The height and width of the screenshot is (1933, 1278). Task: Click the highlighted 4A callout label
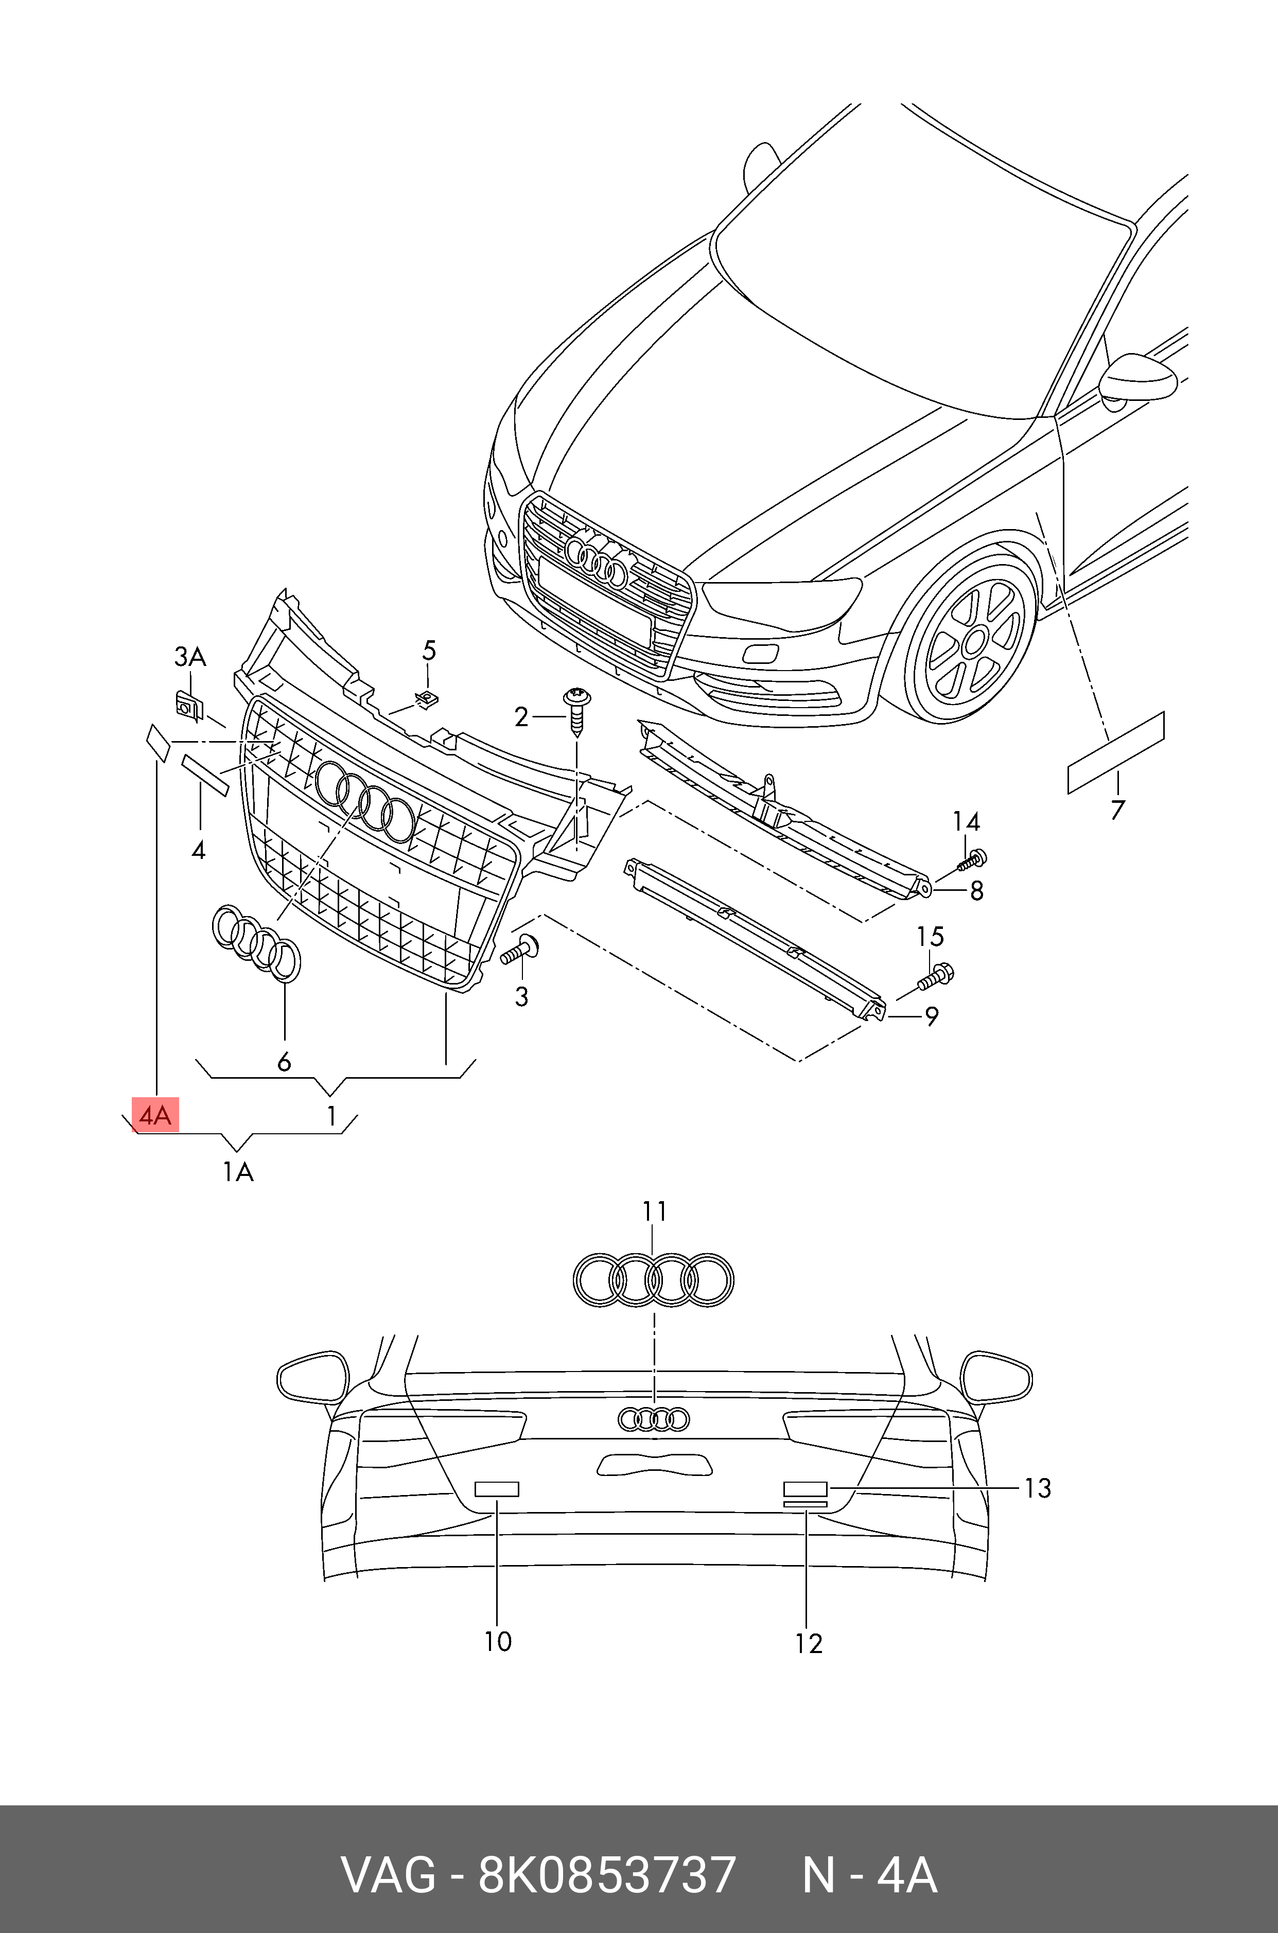click(x=155, y=1115)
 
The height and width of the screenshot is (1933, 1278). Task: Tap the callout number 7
click(x=1117, y=809)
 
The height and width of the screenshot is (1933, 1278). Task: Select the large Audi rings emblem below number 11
click(x=653, y=1280)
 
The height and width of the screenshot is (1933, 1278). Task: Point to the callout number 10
click(x=497, y=1641)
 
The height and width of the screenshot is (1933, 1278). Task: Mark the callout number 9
click(x=931, y=1016)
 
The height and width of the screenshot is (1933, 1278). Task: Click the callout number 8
click(x=976, y=891)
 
